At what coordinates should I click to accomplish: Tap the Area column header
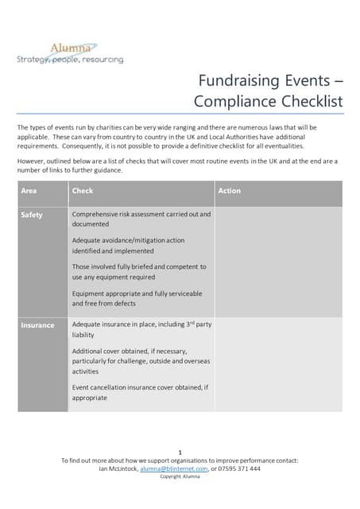coord(29,191)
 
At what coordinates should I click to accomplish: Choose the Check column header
coord(82,191)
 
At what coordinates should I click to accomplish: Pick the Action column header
coord(229,191)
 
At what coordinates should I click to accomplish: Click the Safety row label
coord(32,215)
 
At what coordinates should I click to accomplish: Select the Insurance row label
coord(37,325)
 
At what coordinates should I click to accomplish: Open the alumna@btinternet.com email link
coord(173,468)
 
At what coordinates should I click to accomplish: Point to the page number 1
coord(180,452)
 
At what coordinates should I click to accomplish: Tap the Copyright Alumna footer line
coord(180,476)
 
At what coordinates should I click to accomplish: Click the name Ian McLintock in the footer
coord(118,468)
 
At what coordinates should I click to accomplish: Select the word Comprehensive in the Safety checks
coord(99,215)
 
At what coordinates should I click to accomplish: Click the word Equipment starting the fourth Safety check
coord(89,293)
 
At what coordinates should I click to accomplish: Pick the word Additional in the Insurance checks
coord(89,351)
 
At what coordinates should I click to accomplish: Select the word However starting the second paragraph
coord(32,161)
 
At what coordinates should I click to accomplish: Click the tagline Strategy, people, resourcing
coord(70,60)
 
